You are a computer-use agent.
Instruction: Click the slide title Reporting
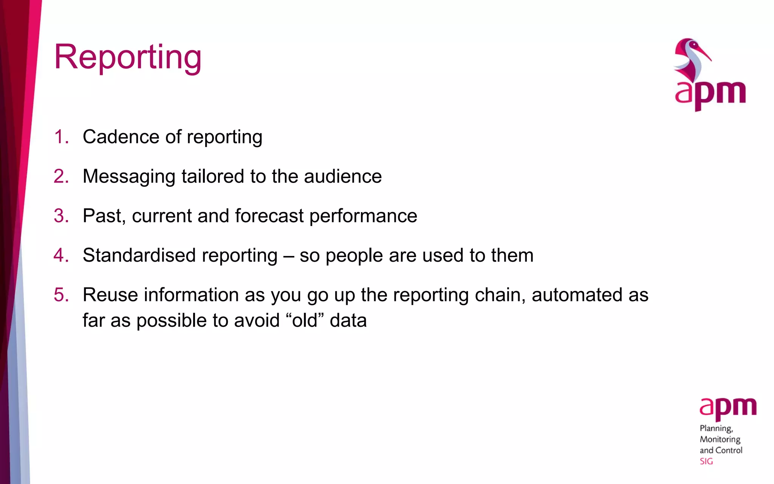click(128, 57)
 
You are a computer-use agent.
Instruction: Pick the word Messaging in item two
click(129, 177)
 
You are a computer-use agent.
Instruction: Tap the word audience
click(343, 177)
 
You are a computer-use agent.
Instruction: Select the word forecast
click(269, 216)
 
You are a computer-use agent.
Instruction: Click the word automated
click(577, 295)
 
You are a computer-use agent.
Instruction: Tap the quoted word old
click(305, 320)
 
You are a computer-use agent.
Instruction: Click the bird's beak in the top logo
click(703, 53)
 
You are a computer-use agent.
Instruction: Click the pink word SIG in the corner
click(706, 461)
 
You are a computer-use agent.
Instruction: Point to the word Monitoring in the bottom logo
click(720, 439)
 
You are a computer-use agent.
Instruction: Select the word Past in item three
click(101, 216)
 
